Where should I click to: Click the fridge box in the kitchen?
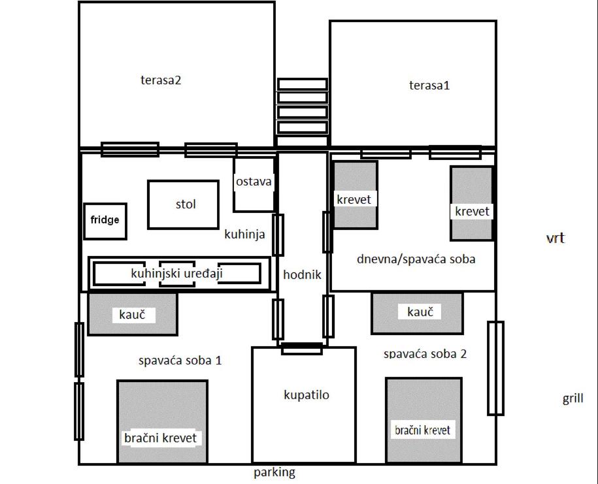pos(105,221)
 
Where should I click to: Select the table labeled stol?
pos(184,204)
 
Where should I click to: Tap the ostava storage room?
pos(254,184)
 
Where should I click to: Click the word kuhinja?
pos(244,234)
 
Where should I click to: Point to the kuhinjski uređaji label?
pos(176,273)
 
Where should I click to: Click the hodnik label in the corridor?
pos(302,274)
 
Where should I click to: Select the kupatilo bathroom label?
pos(307,395)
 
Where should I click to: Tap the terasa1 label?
pos(429,85)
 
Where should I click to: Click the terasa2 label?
pos(161,80)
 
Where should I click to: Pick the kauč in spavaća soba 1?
pos(133,314)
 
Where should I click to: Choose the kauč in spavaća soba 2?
pos(417,313)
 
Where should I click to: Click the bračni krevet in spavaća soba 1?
pos(163,421)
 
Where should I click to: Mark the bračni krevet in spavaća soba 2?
pos(424,420)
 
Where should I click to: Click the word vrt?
pos(556,238)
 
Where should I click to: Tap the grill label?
pos(573,398)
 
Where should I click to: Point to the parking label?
pos(274,472)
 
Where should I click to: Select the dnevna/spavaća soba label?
pos(416,259)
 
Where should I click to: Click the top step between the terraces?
pos(303,84)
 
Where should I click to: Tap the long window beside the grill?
pos(495,368)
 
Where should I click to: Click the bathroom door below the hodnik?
pos(302,348)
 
